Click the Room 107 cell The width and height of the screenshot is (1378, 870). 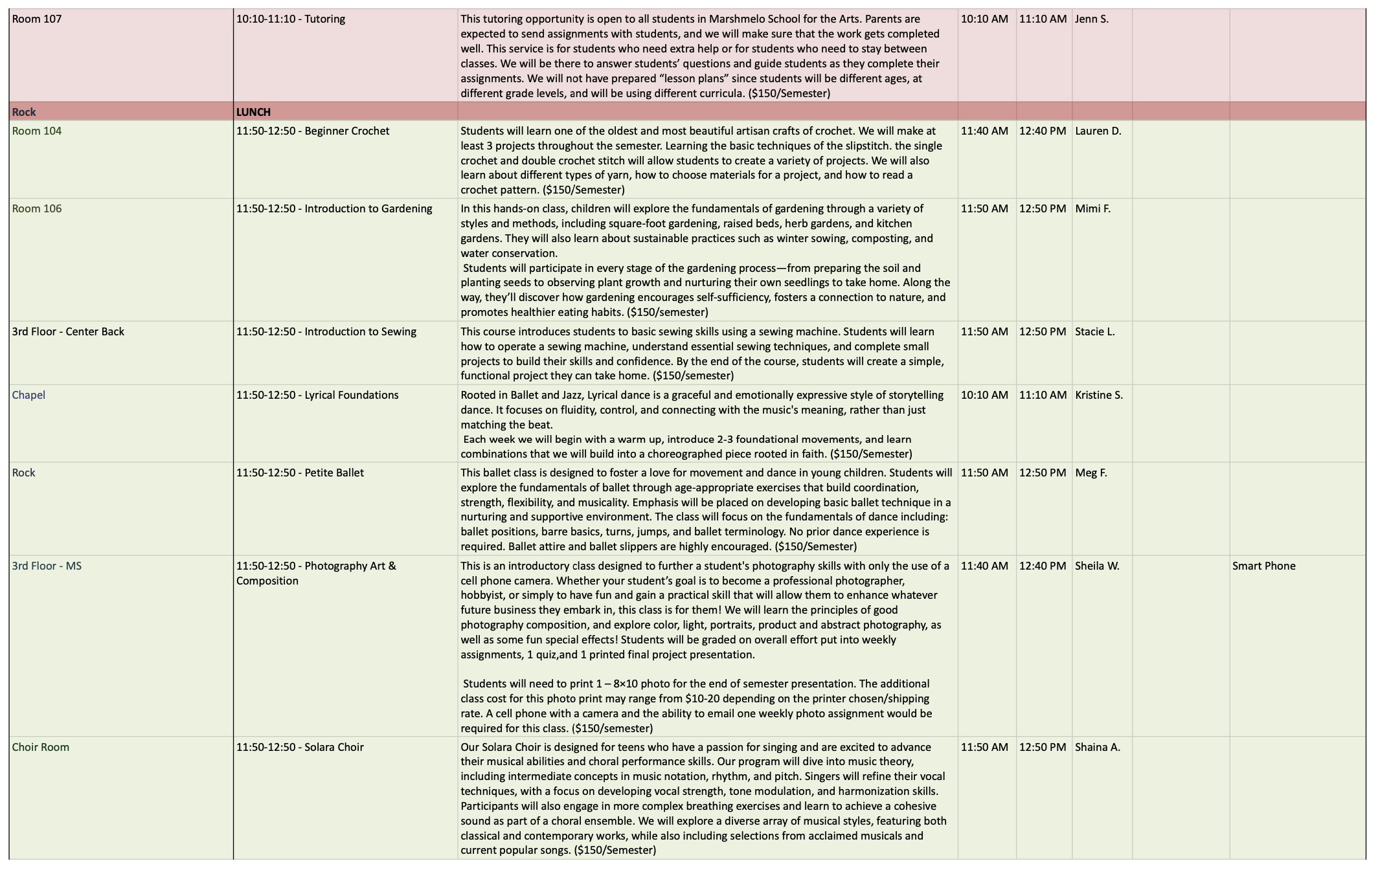(x=37, y=19)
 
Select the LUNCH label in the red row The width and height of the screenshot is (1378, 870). (x=253, y=112)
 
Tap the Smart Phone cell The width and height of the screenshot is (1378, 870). (x=1263, y=566)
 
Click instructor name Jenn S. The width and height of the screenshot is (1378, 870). (x=1092, y=19)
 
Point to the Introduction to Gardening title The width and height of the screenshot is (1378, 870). (x=334, y=208)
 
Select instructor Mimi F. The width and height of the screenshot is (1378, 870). (x=1092, y=208)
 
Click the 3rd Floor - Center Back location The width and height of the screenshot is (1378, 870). (x=68, y=331)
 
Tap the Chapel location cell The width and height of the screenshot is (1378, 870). (x=28, y=395)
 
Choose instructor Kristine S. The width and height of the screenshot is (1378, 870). (x=1099, y=395)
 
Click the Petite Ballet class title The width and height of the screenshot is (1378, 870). (x=300, y=473)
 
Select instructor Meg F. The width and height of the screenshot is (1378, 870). (x=1091, y=473)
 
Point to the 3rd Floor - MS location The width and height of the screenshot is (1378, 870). (x=47, y=566)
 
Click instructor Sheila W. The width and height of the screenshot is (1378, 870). (x=1097, y=566)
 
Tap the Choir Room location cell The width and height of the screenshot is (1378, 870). (x=40, y=747)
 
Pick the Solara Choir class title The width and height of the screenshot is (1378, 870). (x=300, y=747)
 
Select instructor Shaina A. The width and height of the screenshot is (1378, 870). (x=1098, y=747)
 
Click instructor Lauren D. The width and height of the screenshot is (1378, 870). (x=1098, y=131)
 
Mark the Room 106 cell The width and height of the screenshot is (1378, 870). (x=37, y=208)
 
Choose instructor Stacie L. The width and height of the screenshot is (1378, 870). (x=1095, y=331)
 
